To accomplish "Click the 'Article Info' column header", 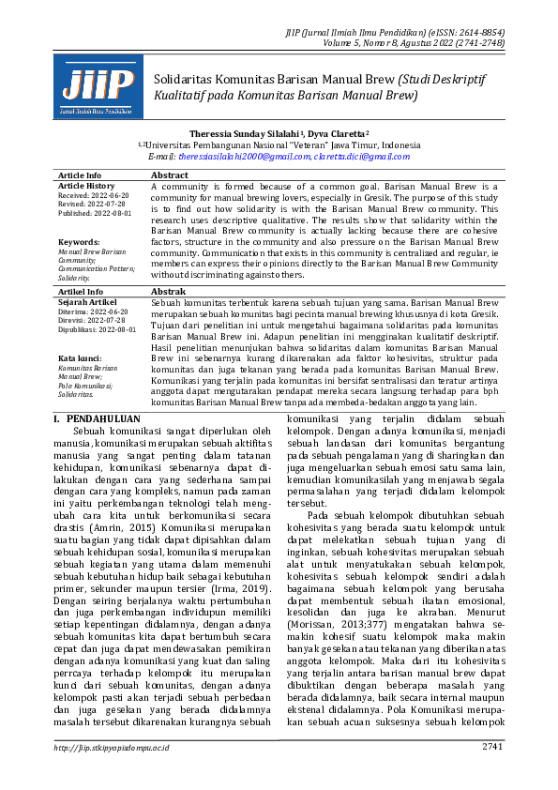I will [x=80, y=175].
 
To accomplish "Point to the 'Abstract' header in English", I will [x=170, y=175].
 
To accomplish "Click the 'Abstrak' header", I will [x=169, y=293].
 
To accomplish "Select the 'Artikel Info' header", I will [x=80, y=293].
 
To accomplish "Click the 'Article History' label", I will [x=85, y=186].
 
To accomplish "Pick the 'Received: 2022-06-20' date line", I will [x=94, y=195].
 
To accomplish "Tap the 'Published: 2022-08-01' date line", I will [x=96, y=213].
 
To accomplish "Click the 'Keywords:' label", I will [x=78, y=242].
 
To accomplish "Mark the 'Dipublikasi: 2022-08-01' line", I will [x=98, y=330].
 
